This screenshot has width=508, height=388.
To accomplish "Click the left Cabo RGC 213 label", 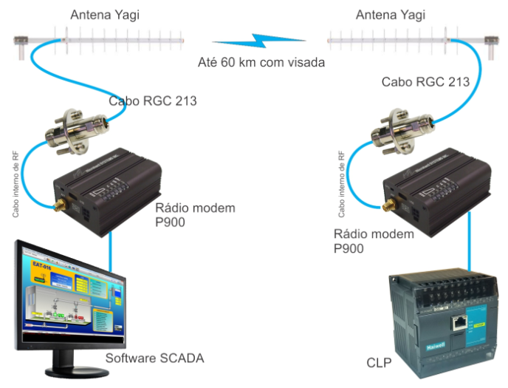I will coord(153,101).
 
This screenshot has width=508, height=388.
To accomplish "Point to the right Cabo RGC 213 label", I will coord(425,82).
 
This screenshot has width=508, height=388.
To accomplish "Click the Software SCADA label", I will coord(154,359).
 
